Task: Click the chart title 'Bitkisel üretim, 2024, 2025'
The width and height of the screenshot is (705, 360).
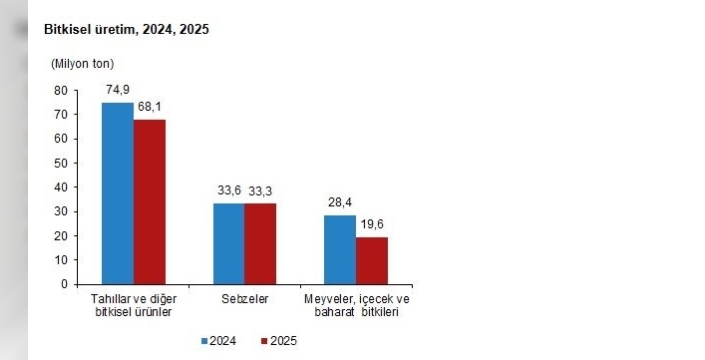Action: tap(126, 30)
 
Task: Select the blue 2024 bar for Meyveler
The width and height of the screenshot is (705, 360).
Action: tap(339, 249)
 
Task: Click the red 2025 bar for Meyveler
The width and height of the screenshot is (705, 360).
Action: tap(371, 260)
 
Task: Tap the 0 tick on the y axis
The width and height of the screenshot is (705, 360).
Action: tap(63, 284)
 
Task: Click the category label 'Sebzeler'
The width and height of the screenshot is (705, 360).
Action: tap(244, 299)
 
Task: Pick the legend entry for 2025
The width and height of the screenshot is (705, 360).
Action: tap(279, 341)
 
